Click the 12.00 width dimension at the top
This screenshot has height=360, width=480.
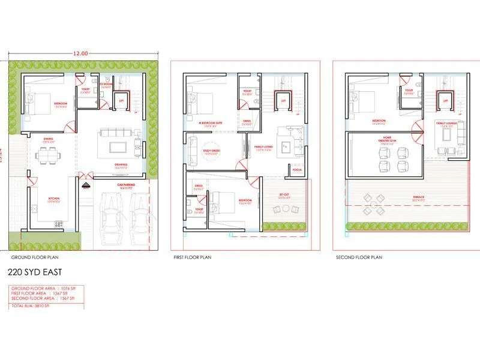click(x=81, y=53)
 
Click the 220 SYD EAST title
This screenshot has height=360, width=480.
click(x=35, y=272)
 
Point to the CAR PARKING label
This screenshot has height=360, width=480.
click(x=125, y=186)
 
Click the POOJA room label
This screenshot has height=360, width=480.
click(x=296, y=170)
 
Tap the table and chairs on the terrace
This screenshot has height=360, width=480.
click(x=373, y=206)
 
